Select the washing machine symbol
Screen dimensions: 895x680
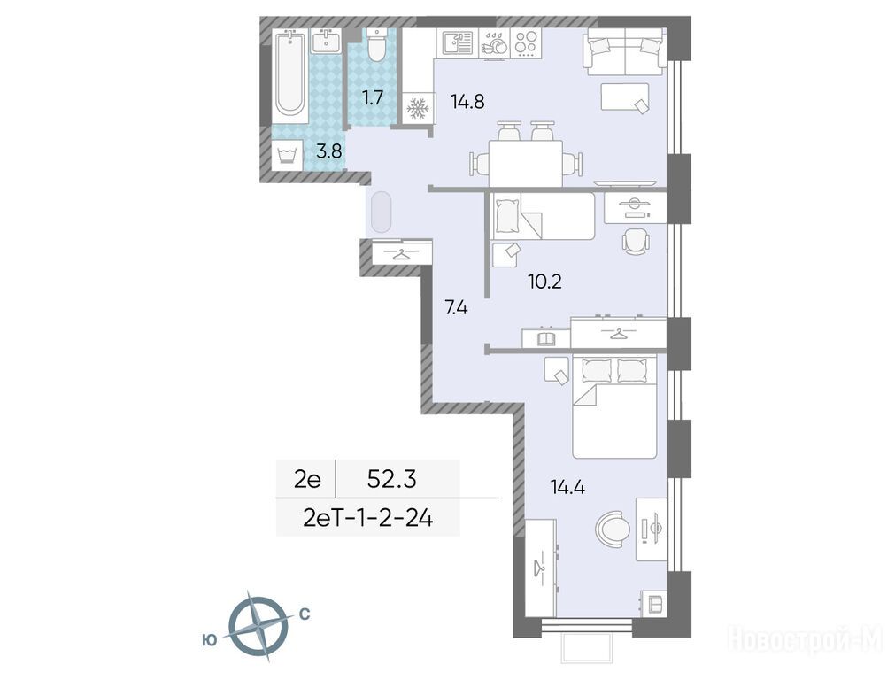(288, 155)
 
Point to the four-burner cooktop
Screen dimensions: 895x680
(526, 42)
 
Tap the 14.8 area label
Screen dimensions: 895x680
(467, 102)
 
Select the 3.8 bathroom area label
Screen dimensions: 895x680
(329, 151)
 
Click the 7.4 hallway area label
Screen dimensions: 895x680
(457, 308)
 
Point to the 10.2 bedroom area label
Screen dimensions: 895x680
(545, 282)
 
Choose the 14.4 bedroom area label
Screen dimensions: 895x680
(568, 487)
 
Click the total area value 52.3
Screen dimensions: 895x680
(391, 480)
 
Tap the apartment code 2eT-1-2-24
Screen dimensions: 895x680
(369, 518)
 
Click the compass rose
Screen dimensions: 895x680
(258, 626)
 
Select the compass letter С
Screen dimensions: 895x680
(305, 614)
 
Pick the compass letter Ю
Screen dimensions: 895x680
(210, 641)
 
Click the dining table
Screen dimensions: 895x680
(526, 163)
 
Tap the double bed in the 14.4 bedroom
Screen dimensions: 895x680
(614, 406)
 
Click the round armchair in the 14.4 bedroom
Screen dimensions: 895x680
(613, 529)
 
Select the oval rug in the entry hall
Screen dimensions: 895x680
(382, 212)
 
